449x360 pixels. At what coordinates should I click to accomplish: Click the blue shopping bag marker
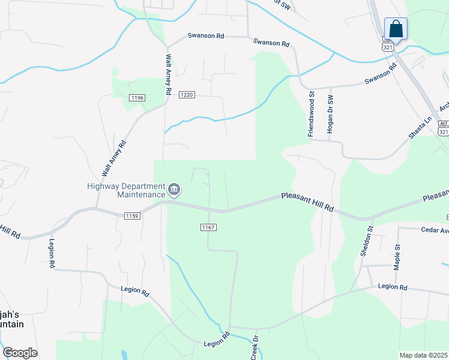click(x=396, y=28)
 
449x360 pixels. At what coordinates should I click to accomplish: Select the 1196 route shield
click(x=137, y=98)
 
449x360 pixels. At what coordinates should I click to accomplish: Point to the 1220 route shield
click(x=187, y=95)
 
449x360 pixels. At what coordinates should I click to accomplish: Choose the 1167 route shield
click(x=208, y=227)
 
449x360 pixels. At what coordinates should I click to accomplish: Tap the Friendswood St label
click(x=312, y=115)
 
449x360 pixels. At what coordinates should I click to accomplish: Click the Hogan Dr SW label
click(x=330, y=114)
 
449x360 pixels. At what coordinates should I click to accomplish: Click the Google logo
click(x=20, y=353)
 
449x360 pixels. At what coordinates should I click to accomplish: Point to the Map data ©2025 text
click(x=423, y=355)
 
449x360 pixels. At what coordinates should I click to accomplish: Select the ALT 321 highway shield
click(x=443, y=128)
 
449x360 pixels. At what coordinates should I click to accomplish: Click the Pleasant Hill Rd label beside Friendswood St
click(x=307, y=202)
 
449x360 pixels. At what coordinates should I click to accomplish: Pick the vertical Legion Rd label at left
click(x=52, y=255)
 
